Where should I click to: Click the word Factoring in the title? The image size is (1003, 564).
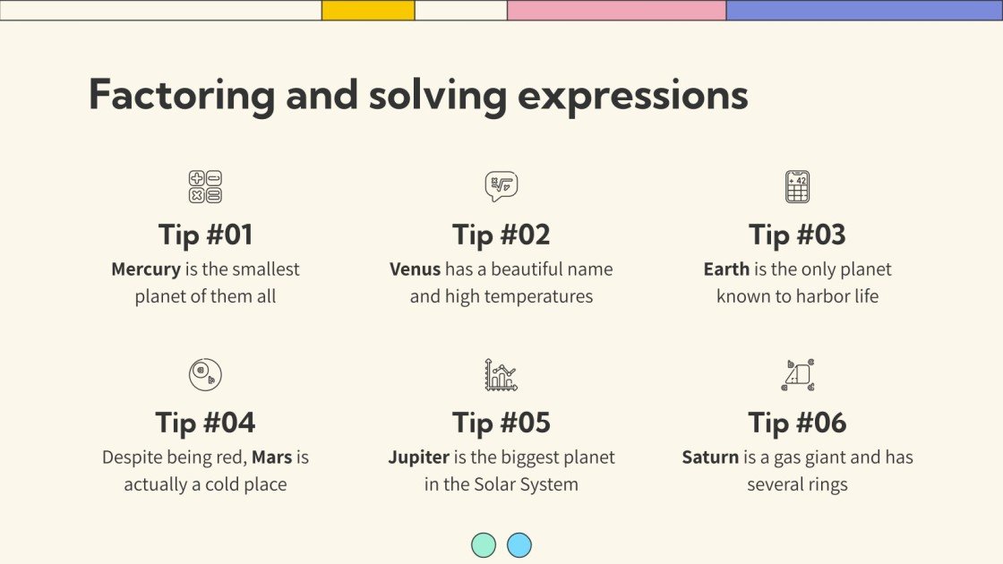coord(181,96)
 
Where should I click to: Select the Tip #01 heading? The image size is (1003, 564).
coord(205,235)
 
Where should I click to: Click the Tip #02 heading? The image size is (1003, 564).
coord(501,235)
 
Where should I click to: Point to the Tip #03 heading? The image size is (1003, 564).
coord(797,235)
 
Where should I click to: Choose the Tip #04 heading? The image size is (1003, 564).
coord(205,423)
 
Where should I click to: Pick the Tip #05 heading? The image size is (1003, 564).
coord(501,423)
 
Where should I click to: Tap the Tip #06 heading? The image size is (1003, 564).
coord(797,423)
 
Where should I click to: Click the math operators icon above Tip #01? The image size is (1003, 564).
coord(205,187)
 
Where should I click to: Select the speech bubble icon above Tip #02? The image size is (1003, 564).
coord(501,186)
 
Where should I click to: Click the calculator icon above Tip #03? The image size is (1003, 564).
coord(797,187)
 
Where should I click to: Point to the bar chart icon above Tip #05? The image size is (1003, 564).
coord(501,374)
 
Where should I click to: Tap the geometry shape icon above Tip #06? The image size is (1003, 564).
coord(797,374)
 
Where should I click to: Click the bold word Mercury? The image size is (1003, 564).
coord(146,269)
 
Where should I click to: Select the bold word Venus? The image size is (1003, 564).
coord(416,269)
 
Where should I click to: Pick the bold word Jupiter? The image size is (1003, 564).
coord(418,457)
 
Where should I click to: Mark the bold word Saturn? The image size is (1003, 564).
coord(710,457)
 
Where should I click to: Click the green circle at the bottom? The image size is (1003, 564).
coord(484,545)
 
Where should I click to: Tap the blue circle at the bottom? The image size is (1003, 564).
coord(519,545)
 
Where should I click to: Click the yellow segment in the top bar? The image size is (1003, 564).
coord(368,10)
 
